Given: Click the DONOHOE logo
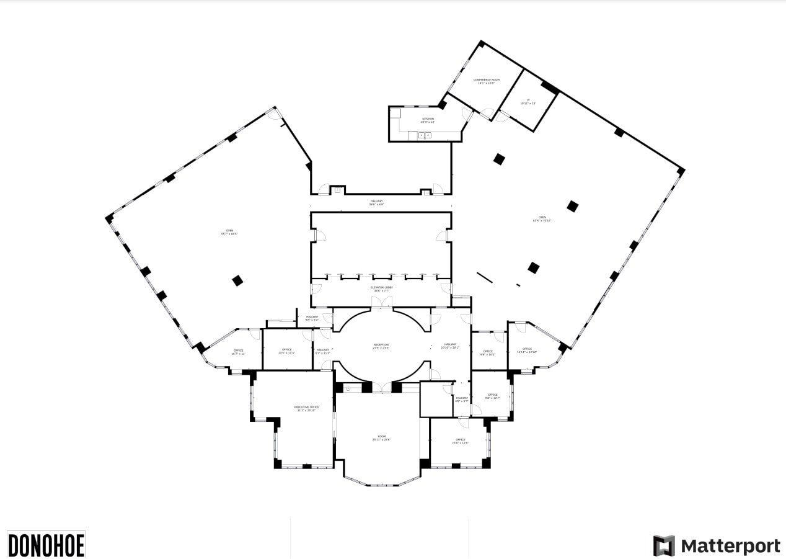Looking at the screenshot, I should point(46,544).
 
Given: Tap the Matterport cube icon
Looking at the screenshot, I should point(664,545).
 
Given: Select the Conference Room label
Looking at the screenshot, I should point(487,81).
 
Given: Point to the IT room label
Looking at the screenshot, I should point(528,102).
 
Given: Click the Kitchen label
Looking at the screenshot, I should point(428,120).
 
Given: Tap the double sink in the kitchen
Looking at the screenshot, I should point(425,135).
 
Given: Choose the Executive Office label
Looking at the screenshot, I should point(306,409).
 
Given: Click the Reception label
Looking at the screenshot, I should point(381,346).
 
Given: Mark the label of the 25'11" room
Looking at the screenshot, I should point(381,438).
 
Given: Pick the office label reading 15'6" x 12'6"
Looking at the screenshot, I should point(460,441).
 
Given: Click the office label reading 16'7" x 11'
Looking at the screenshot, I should point(238,352).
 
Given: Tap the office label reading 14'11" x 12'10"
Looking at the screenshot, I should point(527,351).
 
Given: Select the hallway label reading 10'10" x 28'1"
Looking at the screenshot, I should point(450,346).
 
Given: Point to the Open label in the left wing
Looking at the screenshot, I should point(229,232).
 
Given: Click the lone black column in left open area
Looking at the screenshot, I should point(237,280).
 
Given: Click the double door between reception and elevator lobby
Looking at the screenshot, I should point(381,302).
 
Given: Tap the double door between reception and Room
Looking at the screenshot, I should point(381,388).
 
